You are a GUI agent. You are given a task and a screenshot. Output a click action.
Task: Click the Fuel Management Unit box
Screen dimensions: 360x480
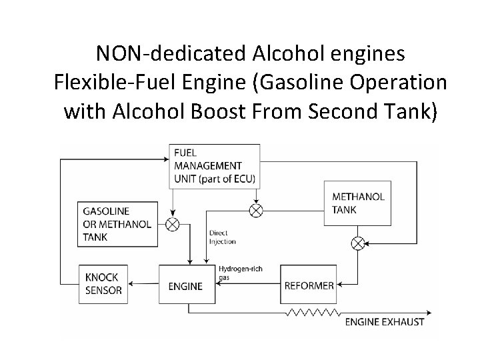[x=214, y=165]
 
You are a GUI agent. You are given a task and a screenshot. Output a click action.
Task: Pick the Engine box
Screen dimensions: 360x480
[x=189, y=285]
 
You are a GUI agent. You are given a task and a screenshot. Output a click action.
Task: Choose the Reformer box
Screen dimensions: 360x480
[x=309, y=285]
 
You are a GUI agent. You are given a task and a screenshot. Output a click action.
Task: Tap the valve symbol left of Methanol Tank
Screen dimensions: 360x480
[x=256, y=211]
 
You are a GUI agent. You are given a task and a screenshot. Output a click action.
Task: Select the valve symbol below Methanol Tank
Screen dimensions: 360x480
[x=358, y=243]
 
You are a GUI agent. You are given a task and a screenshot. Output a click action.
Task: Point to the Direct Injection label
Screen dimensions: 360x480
[x=222, y=237]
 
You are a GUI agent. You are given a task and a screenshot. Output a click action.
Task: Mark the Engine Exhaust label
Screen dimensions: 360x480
[x=384, y=323]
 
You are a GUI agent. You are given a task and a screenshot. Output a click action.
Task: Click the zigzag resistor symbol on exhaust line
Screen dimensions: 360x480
[x=312, y=311]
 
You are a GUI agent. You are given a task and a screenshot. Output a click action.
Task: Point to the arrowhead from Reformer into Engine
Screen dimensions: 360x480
[x=225, y=285]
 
